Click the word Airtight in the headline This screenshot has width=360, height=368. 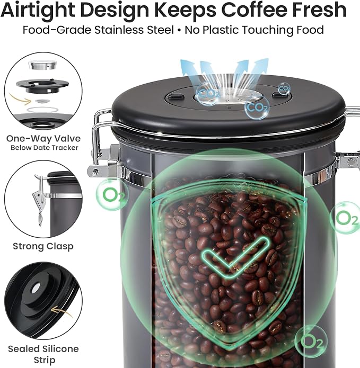(39, 10)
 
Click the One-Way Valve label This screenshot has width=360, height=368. (43, 139)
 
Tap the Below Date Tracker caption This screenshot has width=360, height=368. (45, 148)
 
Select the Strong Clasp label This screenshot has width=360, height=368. (43, 246)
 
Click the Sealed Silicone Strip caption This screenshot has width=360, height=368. (43, 354)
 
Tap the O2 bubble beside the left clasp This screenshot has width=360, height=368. (112, 194)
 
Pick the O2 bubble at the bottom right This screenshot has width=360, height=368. (311, 341)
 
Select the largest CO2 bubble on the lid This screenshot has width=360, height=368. (257, 107)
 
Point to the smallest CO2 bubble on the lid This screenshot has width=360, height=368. (284, 88)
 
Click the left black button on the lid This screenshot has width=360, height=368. (176, 97)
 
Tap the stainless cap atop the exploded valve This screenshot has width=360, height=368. (43, 65)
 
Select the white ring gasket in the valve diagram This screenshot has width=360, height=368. (42, 110)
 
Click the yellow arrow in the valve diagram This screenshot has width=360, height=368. (21, 99)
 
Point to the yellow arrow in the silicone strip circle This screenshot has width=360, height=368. (62, 312)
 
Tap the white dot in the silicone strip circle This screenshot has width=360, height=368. (36, 288)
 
